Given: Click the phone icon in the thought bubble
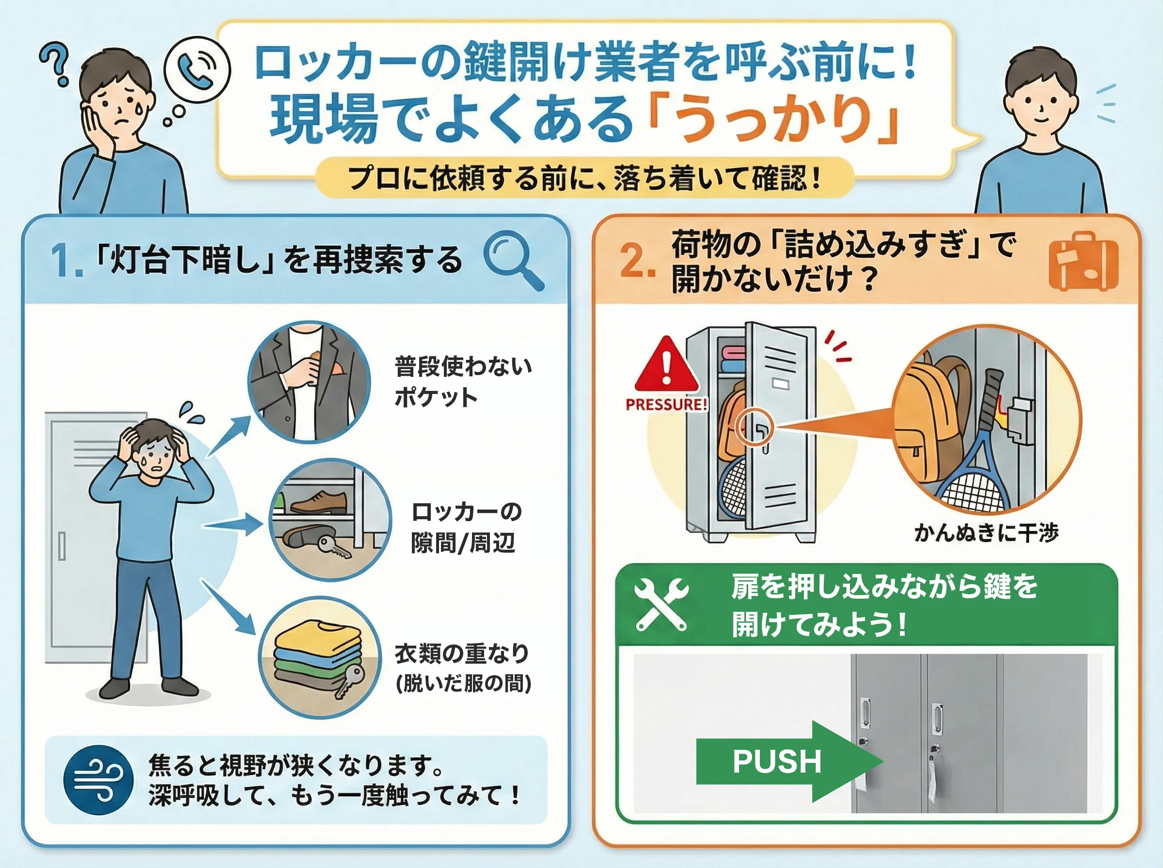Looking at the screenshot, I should pos(197,69).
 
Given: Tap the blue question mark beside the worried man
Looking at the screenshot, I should pos(56,63).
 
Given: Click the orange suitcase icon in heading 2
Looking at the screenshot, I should pos(1083,261).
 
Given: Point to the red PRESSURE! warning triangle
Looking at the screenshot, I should pos(666,366).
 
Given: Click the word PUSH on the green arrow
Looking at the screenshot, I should pos(777,761).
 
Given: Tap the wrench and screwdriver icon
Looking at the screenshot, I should pos(661,604).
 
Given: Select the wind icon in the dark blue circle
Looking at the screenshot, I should pos(98,779).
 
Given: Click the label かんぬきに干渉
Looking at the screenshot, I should pos(986,533).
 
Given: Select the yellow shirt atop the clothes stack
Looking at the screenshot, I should pos(317,636).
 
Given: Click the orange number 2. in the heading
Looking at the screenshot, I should pos(637,262).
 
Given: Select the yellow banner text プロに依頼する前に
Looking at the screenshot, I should pos(583,178).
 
